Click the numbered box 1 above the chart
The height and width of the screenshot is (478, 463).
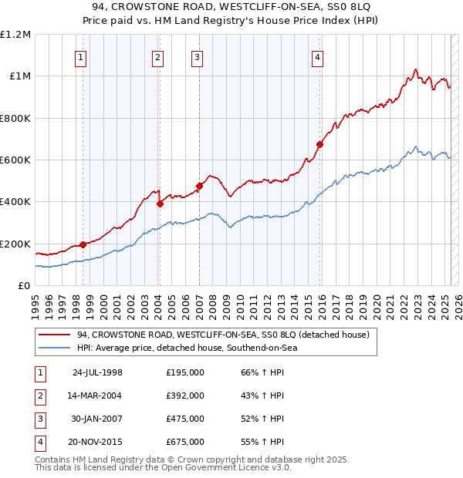click(x=81, y=56)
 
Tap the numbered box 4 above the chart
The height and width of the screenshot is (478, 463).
click(x=318, y=56)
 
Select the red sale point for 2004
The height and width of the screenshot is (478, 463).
click(x=160, y=204)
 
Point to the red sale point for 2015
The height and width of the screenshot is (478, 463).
click(x=319, y=144)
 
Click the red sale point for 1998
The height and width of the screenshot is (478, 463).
click(x=83, y=244)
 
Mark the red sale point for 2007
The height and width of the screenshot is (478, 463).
click(x=199, y=186)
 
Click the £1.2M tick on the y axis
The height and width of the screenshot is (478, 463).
click(x=15, y=35)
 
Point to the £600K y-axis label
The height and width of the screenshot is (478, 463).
click(x=15, y=160)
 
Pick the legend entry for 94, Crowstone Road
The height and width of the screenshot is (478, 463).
click(x=224, y=335)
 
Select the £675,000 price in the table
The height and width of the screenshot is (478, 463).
click(x=185, y=442)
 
